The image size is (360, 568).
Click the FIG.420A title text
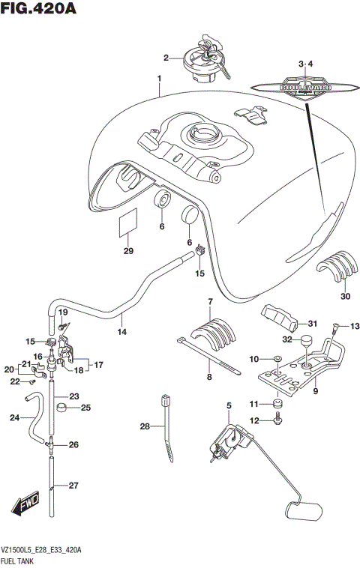click(40, 10)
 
